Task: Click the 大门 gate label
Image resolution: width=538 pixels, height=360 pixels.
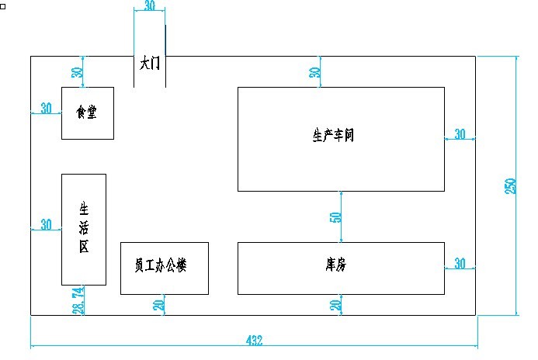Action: pyautogui.click(x=149, y=64)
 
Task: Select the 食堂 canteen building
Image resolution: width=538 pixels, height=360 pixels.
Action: pyautogui.click(x=88, y=113)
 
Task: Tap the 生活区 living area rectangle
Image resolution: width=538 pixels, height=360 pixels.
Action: pyautogui.click(x=84, y=229)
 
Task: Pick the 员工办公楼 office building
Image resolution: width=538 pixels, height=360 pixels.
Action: pyautogui.click(x=164, y=268)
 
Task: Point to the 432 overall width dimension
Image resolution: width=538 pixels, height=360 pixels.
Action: pyautogui.click(x=254, y=340)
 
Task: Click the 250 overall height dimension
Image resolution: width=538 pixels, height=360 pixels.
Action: pyautogui.click(x=510, y=186)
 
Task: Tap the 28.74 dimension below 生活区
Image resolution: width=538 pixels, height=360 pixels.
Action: pyautogui.click(x=77, y=300)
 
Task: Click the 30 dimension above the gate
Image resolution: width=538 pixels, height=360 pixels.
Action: pyautogui.click(x=149, y=5)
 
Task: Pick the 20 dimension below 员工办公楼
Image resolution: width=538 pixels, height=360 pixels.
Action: pyautogui.click(x=159, y=305)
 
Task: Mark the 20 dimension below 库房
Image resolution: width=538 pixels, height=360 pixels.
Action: pyautogui.click(x=336, y=305)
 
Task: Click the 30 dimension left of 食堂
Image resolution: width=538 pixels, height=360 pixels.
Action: pyautogui.click(x=47, y=108)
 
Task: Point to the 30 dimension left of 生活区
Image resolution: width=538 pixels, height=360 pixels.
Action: pyautogui.click(x=47, y=224)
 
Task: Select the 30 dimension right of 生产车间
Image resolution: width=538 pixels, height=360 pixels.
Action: pyautogui.click(x=460, y=134)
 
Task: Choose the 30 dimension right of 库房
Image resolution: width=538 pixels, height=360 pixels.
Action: pyautogui.click(x=460, y=264)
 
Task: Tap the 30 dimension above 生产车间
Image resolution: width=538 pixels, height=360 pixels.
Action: pyautogui.click(x=315, y=72)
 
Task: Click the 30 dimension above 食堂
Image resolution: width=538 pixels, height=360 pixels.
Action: pyautogui.click(x=77, y=72)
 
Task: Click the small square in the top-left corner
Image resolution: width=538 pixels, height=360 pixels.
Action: pyautogui.click(x=3, y=5)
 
